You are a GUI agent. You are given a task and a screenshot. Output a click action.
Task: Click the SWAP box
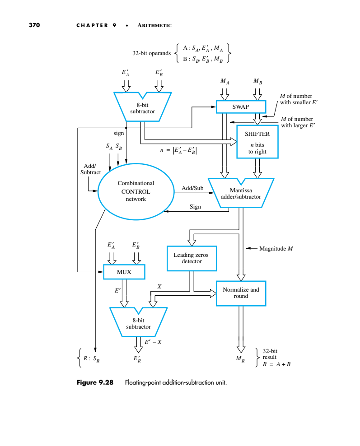click(240, 107)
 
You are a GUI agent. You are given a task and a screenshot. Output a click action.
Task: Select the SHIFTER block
click(257, 142)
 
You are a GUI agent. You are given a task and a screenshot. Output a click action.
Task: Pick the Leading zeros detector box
click(192, 258)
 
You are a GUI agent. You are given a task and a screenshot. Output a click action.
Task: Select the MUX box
click(124, 272)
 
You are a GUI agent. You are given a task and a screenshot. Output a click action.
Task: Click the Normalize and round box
click(241, 293)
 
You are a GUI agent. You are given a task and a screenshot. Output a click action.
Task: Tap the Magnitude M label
click(276, 248)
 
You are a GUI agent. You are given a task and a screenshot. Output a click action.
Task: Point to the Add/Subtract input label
click(90, 169)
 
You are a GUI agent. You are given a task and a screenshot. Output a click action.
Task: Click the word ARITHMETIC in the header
click(154, 25)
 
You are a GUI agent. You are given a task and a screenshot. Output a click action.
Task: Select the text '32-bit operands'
click(151, 53)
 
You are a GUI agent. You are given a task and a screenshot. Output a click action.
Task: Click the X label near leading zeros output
click(159, 287)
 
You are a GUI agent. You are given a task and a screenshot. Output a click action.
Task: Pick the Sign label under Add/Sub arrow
click(195, 207)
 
